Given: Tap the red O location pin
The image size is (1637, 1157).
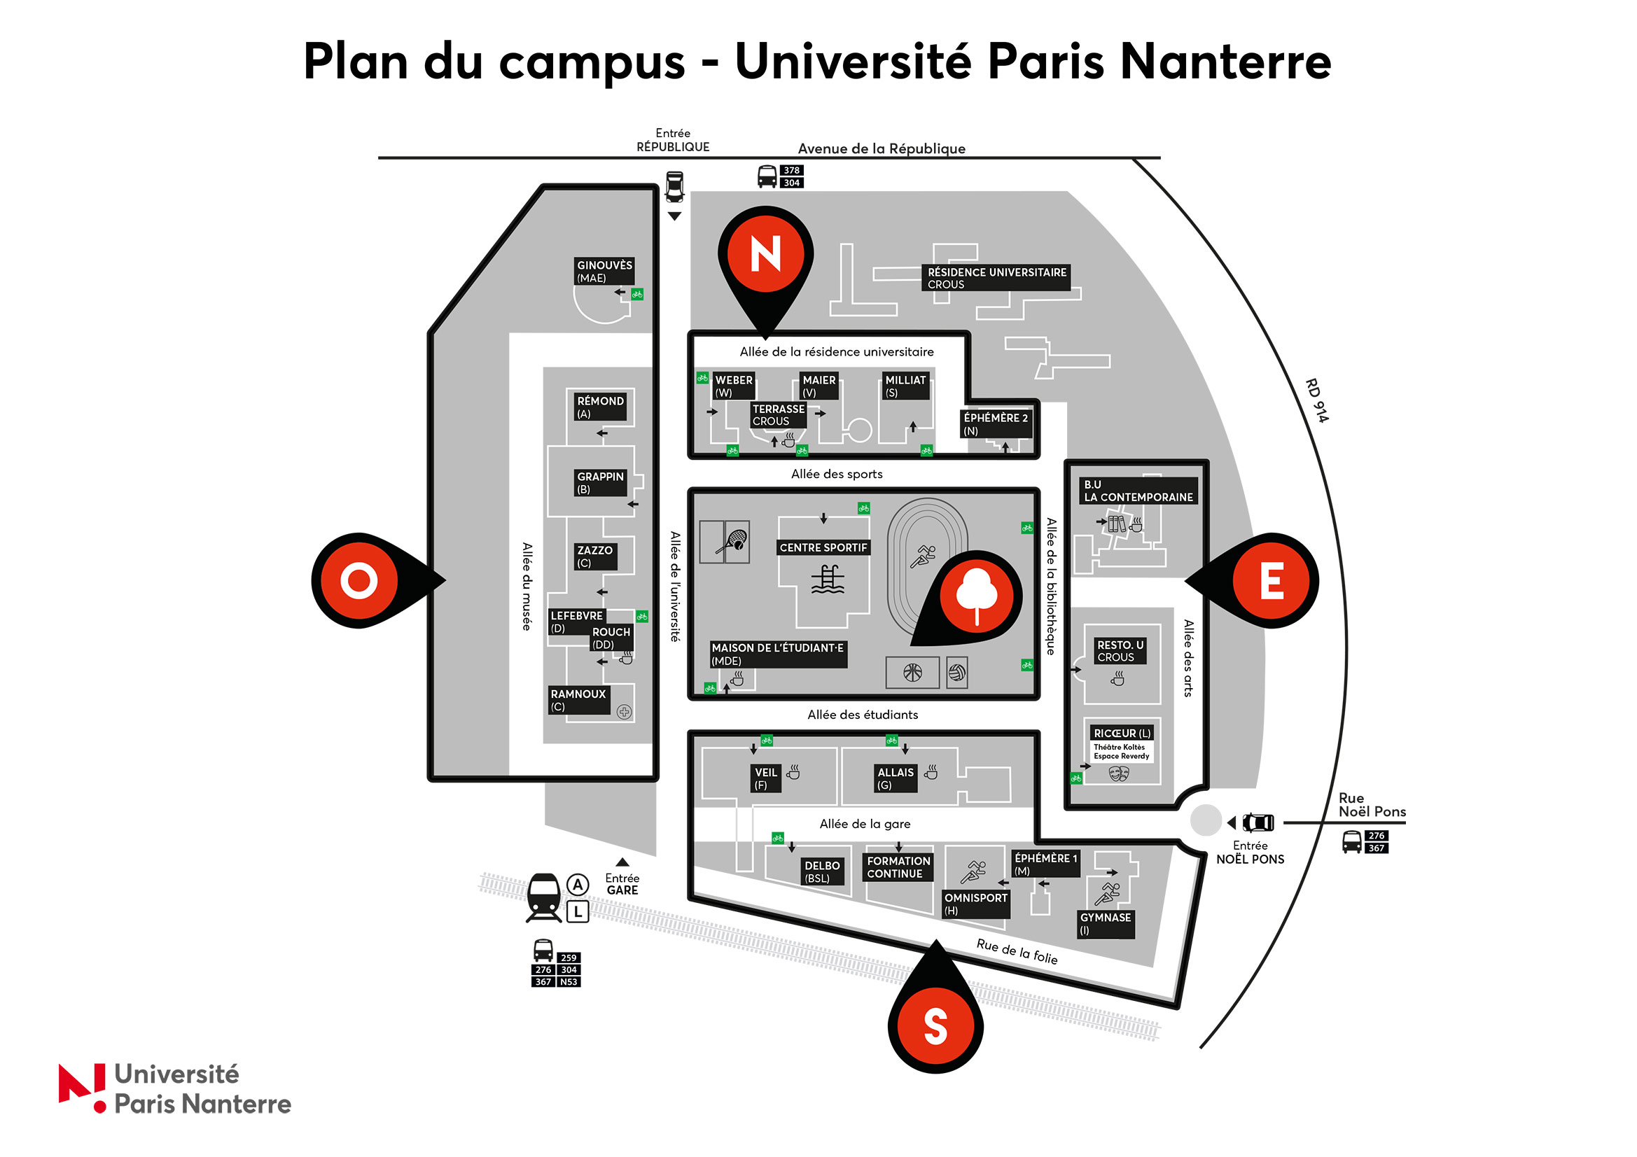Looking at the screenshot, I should tap(358, 580).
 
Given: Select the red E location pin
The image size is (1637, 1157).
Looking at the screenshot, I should tap(1272, 580).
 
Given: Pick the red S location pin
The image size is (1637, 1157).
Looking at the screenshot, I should tap(935, 1026).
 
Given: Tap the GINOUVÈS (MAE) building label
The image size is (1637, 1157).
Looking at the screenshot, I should tap(604, 272).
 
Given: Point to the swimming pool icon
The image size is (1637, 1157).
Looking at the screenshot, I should tap(827, 579).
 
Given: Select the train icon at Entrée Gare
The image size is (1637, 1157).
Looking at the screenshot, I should tap(544, 897).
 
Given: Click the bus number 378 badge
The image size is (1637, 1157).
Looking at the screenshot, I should tap(791, 170).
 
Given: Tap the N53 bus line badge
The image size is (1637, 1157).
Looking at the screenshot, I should tap(569, 981).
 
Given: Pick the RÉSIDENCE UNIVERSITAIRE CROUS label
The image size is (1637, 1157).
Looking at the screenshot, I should tap(996, 278).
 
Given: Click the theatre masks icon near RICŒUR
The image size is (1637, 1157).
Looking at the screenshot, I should tap(1119, 773).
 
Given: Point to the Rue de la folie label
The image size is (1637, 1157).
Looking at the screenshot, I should tap(1017, 951).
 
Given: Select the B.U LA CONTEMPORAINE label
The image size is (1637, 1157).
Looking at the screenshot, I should tap(1138, 491).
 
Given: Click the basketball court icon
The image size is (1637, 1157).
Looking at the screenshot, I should tap(912, 672).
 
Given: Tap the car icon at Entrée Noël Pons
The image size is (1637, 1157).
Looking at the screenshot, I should tap(1258, 822).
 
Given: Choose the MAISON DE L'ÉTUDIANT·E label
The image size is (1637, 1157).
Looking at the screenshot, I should tap(777, 654).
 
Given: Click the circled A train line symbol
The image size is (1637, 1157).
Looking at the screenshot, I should tap(578, 885).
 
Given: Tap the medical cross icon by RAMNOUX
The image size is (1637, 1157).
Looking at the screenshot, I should tap(624, 711).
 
